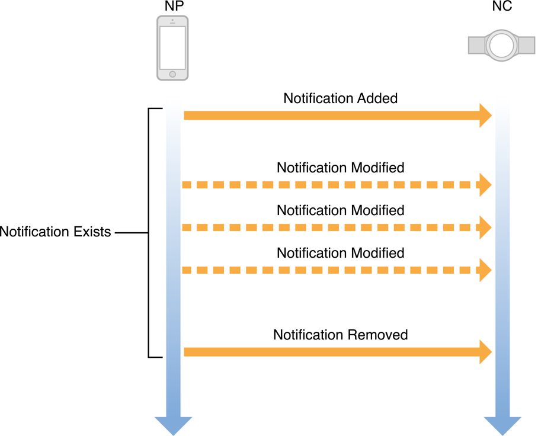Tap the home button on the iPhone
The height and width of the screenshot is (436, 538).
coord(172,74)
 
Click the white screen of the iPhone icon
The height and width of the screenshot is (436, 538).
coord(172,47)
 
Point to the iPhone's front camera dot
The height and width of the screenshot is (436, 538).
coord(172,20)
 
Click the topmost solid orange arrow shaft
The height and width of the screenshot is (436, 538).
coord(332,116)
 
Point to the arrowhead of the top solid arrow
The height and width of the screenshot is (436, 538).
coord(486,116)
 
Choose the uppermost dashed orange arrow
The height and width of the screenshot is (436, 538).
coord(332,185)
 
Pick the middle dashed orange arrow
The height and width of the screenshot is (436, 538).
coord(332,227)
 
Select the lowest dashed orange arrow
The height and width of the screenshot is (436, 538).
coord(332,270)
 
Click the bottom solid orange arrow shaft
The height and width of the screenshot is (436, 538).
coord(332,352)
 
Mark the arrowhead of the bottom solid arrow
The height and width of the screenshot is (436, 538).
coord(486,352)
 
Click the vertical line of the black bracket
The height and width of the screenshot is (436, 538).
coord(148,233)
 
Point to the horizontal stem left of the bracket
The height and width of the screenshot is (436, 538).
coord(130,233)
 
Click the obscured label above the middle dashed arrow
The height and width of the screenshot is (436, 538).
coord(340,209)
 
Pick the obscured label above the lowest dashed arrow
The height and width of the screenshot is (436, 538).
coord(340,251)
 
